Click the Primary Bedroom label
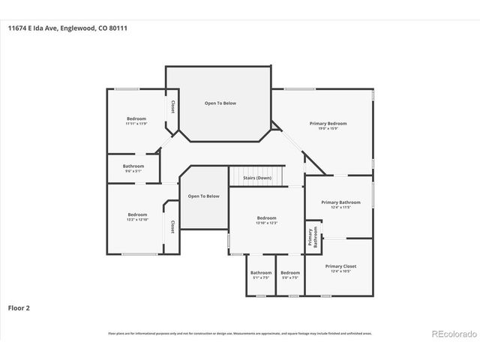328,123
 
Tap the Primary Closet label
340,266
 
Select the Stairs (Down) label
257,178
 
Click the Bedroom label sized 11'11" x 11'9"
136,119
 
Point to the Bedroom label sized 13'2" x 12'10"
136,214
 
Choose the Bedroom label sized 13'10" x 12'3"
266,217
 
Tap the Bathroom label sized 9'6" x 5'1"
133,166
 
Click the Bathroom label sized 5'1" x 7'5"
261,272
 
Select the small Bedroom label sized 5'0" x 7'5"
289,272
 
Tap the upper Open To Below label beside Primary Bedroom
220,103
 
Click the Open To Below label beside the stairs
203,196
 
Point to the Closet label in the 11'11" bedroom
172,106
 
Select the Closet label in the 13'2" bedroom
172,226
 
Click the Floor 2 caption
19,307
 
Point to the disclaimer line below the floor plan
239,333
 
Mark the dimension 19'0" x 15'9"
328,128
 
